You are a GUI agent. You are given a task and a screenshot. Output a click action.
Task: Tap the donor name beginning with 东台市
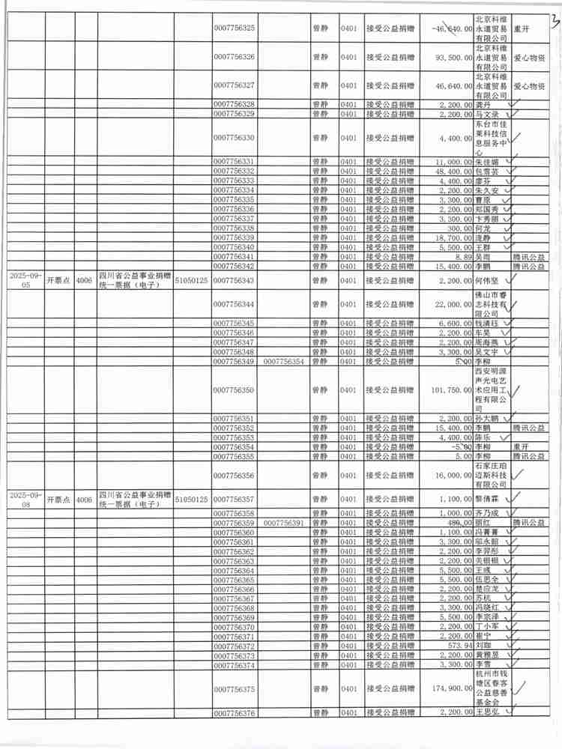(x=491, y=138)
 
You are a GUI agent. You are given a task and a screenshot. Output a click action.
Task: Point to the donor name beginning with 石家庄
(x=491, y=476)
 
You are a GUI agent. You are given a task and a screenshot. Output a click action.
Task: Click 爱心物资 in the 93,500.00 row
(x=529, y=58)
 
